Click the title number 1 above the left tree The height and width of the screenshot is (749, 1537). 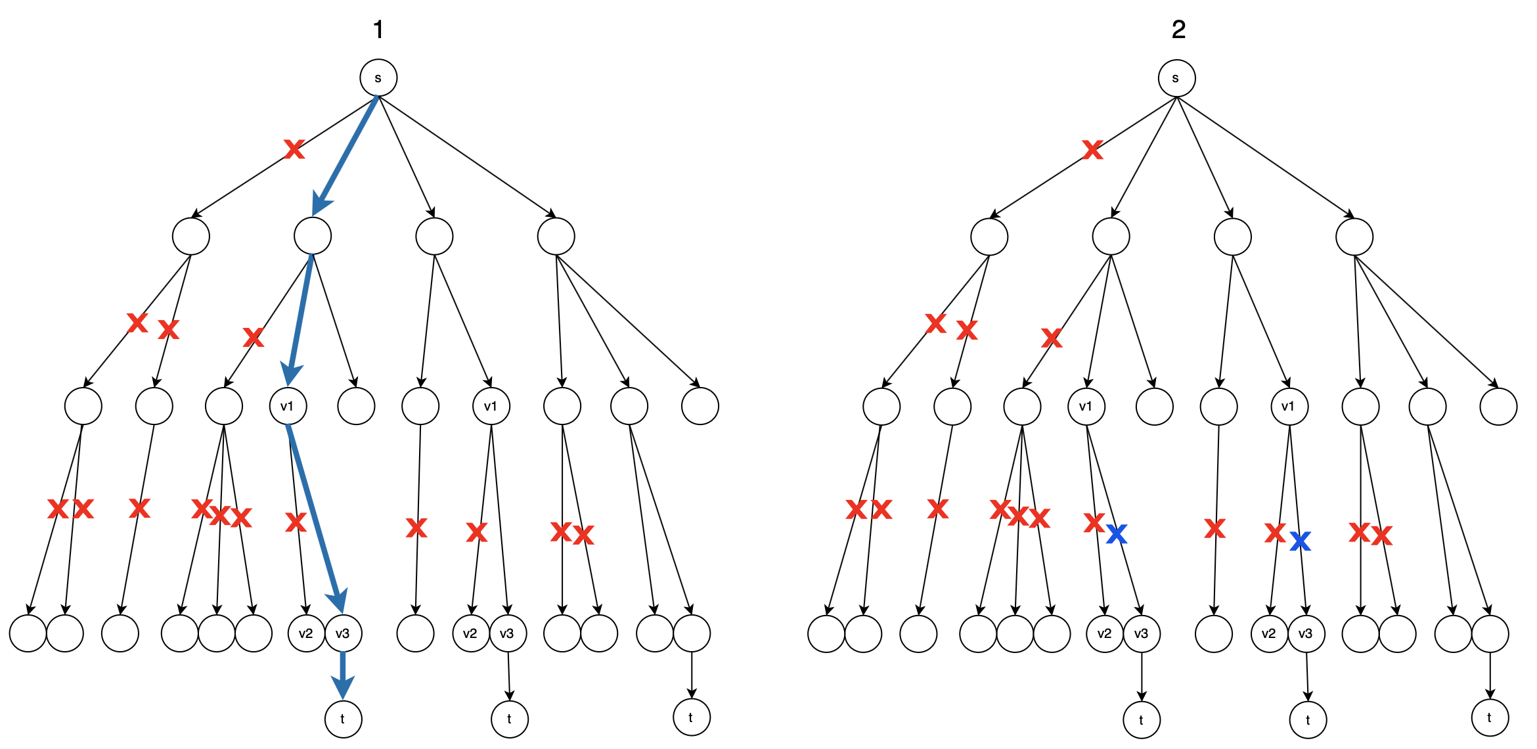(x=378, y=30)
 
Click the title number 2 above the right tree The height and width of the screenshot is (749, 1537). (x=1178, y=30)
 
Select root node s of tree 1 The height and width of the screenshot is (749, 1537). (x=378, y=78)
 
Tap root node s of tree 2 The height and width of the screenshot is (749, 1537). (x=1176, y=78)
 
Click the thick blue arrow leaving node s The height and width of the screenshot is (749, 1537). (x=345, y=155)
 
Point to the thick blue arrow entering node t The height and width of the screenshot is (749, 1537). (x=342, y=673)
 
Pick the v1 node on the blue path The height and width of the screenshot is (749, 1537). (x=288, y=406)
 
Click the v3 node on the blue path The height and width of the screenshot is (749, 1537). (x=343, y=633)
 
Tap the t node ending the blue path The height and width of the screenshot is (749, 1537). (x=343, y=719)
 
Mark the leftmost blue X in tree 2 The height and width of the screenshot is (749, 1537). (x=1117, y=533)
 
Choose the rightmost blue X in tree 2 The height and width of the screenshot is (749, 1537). (x=1300, y=541)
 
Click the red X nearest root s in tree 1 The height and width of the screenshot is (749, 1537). (x=294, y=149)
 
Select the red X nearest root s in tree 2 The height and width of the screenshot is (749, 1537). (x=1092, y=150)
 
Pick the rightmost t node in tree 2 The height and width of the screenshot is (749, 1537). (x=1490, y=717)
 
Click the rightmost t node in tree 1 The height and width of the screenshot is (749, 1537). (x=691, y=717)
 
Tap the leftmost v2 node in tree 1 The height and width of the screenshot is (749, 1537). (x=306, y=633)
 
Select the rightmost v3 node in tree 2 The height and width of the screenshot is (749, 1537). (x=1306, y=633)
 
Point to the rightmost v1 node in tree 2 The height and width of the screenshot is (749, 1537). (x=1289, y=407)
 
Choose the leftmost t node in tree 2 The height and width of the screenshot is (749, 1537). (x=1142, y=719)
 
